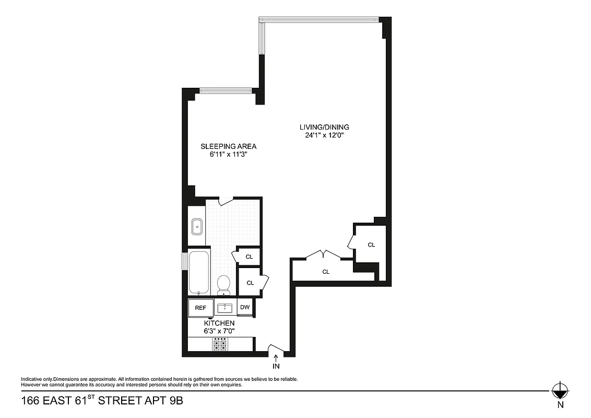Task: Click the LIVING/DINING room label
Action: coord(324,127)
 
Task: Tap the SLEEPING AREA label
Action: coord(228,146)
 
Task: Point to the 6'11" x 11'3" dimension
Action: coord(228,155)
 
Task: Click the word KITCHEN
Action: coord(219,323)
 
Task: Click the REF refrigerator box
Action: coord(200,308)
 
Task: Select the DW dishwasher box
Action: coord(245,307)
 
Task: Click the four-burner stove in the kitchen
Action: coord(220,345)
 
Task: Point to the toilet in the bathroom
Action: coord(223,284)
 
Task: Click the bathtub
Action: coord(198,273)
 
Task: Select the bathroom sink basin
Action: coord(197,227)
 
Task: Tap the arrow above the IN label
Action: coord(276,358)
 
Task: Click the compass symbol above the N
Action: coord(560,390)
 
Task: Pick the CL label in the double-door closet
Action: coord(326,272)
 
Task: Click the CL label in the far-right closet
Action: coord(371,245)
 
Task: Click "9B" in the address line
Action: coord(173,402)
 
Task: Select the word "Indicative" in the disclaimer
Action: coord(31,379)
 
